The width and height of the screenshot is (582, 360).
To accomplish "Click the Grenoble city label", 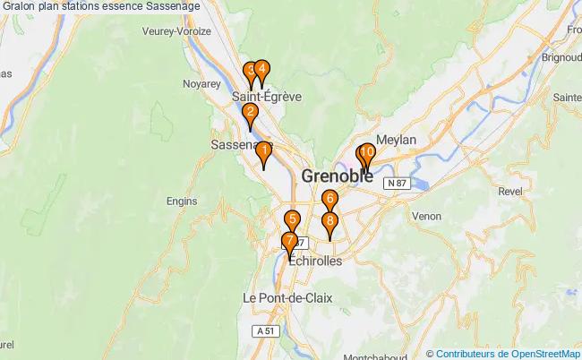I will point(338,176).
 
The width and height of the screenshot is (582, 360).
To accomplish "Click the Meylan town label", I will point(397,140).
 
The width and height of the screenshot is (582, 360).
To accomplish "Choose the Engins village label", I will point(182,201).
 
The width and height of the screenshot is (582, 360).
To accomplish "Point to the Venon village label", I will point(426,216).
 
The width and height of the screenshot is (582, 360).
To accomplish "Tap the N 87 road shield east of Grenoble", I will point(398,183).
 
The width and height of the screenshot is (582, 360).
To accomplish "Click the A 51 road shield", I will point(262,330).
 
